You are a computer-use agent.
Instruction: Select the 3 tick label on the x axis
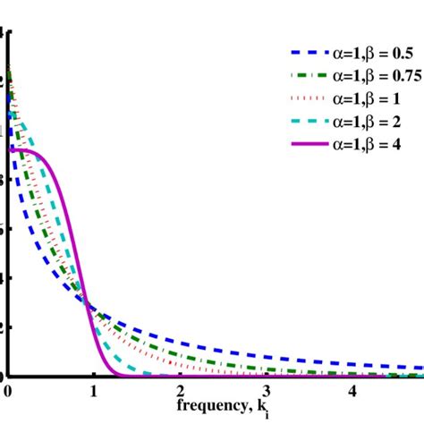point(267,391)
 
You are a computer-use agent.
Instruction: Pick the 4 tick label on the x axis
point(352,391)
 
